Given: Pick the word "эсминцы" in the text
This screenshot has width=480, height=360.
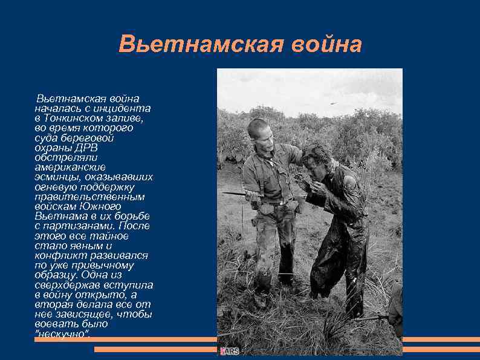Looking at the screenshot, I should coord(57,177).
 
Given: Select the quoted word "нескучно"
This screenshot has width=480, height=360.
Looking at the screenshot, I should coord(62,334).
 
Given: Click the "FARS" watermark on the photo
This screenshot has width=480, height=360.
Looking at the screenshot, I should coord(230,350).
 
